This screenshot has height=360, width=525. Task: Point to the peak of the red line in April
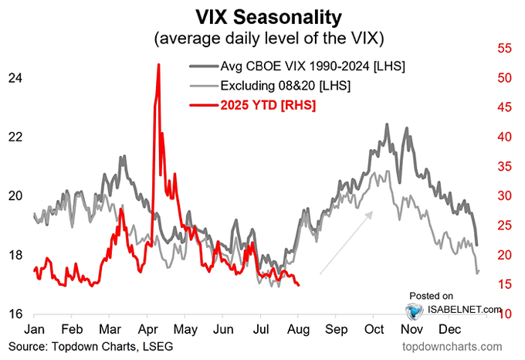tap(158, 65)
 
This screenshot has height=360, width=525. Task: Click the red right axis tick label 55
tap(506, 49)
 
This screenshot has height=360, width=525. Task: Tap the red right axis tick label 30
tap(506, 196)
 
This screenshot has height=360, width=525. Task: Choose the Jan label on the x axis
tap(33, 328)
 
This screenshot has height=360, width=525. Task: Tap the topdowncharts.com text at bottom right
tap(456, 347)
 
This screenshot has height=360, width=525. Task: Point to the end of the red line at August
tap(299, 285)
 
